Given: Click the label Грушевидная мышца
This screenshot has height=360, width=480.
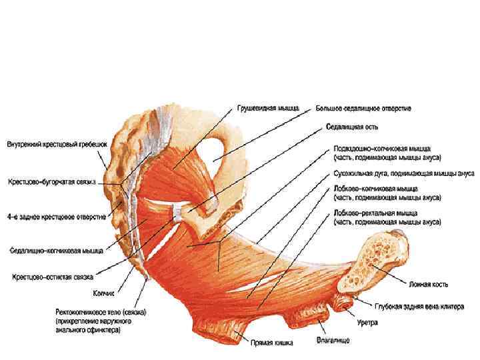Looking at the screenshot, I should (x=269, y=107).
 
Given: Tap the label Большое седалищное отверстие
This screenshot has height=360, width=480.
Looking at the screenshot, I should (x=363, y=107).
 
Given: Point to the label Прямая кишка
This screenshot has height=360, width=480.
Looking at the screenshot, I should (x=269, y=345).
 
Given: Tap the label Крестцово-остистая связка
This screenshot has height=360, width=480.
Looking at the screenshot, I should (x=51, y=275).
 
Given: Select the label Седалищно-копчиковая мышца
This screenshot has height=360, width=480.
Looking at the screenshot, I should (x=55, y=251).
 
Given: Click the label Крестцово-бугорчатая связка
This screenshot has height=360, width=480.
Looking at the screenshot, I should (x=53, y=181).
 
